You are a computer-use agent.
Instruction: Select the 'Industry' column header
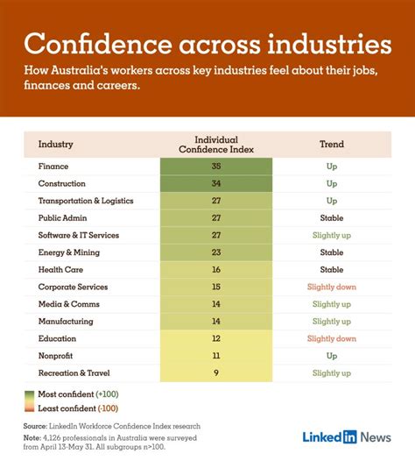point(55,144)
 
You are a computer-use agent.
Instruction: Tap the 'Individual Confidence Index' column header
point(216,144)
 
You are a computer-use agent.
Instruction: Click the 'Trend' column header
point(332,144)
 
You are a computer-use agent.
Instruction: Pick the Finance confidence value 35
point(216,167)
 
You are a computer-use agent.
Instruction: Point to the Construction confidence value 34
point(216,184)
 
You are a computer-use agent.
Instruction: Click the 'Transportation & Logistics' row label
point(86,201)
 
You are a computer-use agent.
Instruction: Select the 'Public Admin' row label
point(63,218)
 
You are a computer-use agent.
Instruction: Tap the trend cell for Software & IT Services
point(332,236)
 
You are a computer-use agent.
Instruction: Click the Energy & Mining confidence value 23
point(216,252)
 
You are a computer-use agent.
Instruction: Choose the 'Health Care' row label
point(60,270)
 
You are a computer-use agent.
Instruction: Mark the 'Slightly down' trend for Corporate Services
point(332,287)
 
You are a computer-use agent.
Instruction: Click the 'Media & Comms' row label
point(69,304)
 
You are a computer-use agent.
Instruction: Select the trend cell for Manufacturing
point(332,322)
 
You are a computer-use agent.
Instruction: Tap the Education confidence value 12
point(216,339)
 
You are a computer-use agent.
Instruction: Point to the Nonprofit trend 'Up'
point(332,357)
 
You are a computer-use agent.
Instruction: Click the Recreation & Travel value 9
point(216,373)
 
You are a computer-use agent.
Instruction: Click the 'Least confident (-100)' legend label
point(84,408)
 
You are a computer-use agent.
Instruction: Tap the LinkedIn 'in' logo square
point(348,437)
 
